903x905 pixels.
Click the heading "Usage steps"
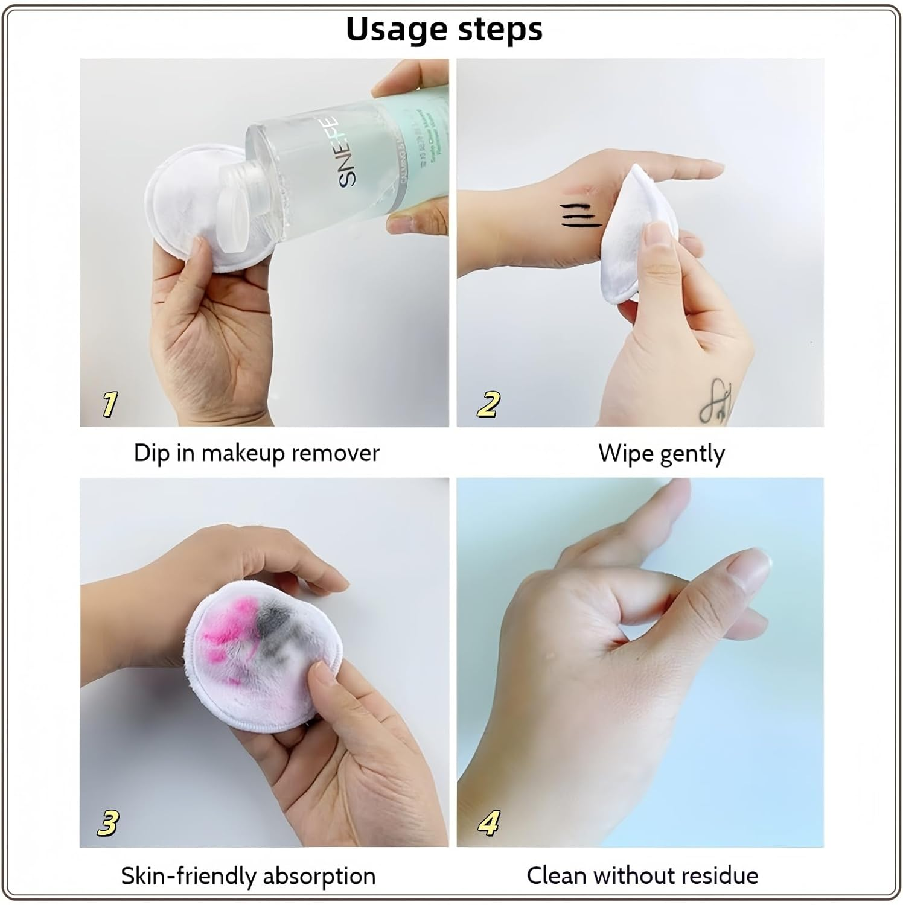pos(444,29)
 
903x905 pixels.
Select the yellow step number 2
pos(488,404)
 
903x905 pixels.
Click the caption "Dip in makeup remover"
pos(257,453)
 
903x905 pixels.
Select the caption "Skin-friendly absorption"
pos(248,875)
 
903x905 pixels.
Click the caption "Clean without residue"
pos(642,875)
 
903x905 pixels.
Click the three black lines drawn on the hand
pos(581,216)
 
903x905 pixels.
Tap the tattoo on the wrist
pos(716,400)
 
